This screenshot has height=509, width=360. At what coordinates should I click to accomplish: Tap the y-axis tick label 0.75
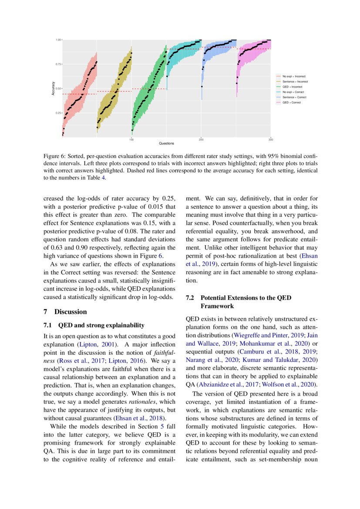point(58,64)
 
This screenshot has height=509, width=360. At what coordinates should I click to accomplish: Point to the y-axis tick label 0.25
point(58,113)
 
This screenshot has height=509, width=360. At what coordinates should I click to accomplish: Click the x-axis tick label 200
point(201,139)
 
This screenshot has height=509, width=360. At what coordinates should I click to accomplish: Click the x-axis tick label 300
point(270,139)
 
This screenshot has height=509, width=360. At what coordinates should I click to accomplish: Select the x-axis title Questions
point(166,143)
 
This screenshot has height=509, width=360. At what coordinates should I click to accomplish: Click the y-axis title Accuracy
point(53,89)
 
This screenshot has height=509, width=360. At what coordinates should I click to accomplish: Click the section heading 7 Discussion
point(65,312)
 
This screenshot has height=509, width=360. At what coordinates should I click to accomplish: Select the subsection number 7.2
point(190,298)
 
